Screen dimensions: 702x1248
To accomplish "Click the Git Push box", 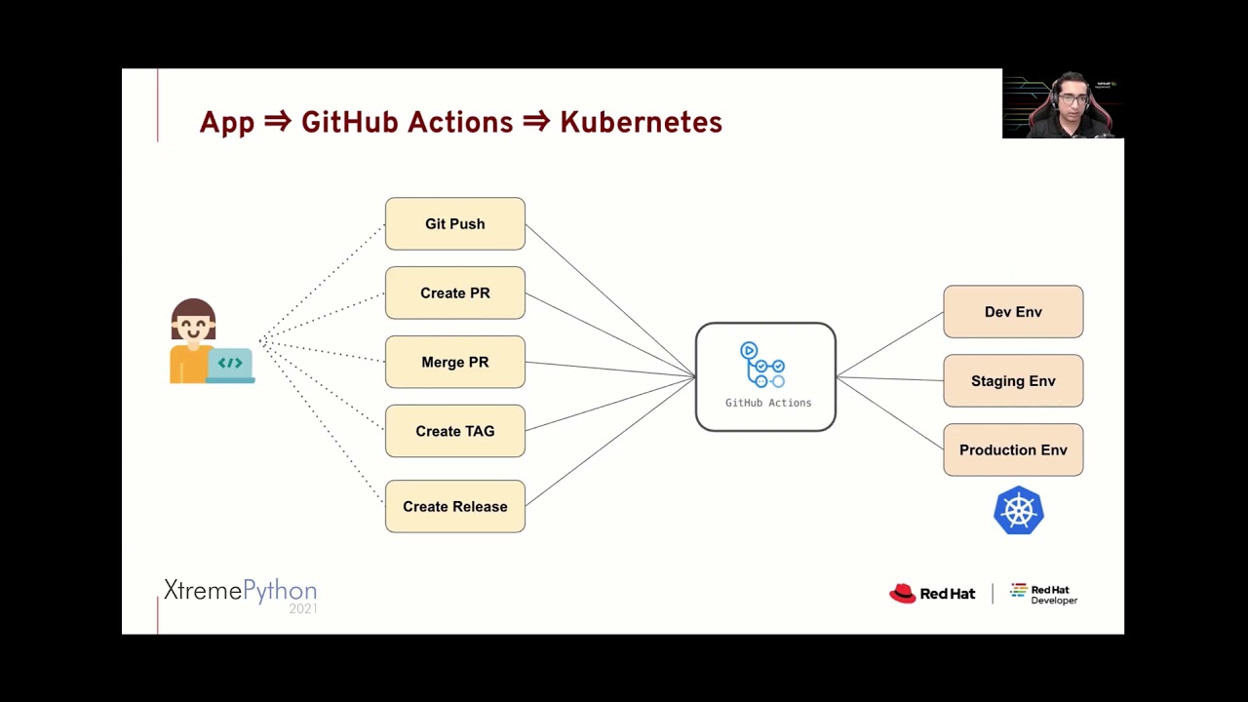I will pyautogui.click(x=454, y=224).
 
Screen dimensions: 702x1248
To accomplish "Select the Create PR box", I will pyautogui.click(x=454, y=292).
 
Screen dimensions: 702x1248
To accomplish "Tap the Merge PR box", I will pyautogui.click(x=454, y=362).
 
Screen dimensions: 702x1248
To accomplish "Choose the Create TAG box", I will pyautogui.click(x=454, y=431).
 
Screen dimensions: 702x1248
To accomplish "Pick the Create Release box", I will pyautogui.click(x=454, y=506).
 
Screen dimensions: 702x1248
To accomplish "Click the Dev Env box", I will pyautogui.click(x=1013, y=312).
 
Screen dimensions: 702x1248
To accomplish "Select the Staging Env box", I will pyautogui.click(x=1013, y=381).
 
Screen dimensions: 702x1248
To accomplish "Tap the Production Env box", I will pyautogui.click(x=1013, y=449).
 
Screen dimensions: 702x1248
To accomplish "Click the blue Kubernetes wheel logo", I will pyautogui.click(x=1019, y=510).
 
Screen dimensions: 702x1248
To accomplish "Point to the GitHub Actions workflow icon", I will pyautogui.click(x=763, y=365).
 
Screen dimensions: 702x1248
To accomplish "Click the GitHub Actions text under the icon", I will pyautogui.click(x=767, y=403).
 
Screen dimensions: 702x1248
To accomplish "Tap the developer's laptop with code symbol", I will pyautogui.click(x=230, y=365).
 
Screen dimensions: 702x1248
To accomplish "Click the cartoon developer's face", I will pyautogui.click(x=193, y=327).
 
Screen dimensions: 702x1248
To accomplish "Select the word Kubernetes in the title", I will pyautogui.click(x=641, y=123).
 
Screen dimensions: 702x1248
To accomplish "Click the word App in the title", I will pyautogui.click(x=226, y=123).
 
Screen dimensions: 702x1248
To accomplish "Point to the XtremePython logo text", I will pyautogui.click(x=240, y=590).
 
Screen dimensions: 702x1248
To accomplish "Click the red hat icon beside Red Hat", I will pyautogui.click(x=902, y=593).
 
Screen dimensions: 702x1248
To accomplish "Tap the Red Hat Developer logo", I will pyautogui.click(x=1043, y=594).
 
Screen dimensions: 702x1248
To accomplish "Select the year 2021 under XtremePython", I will pyautogui.click(x=302, y=608).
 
